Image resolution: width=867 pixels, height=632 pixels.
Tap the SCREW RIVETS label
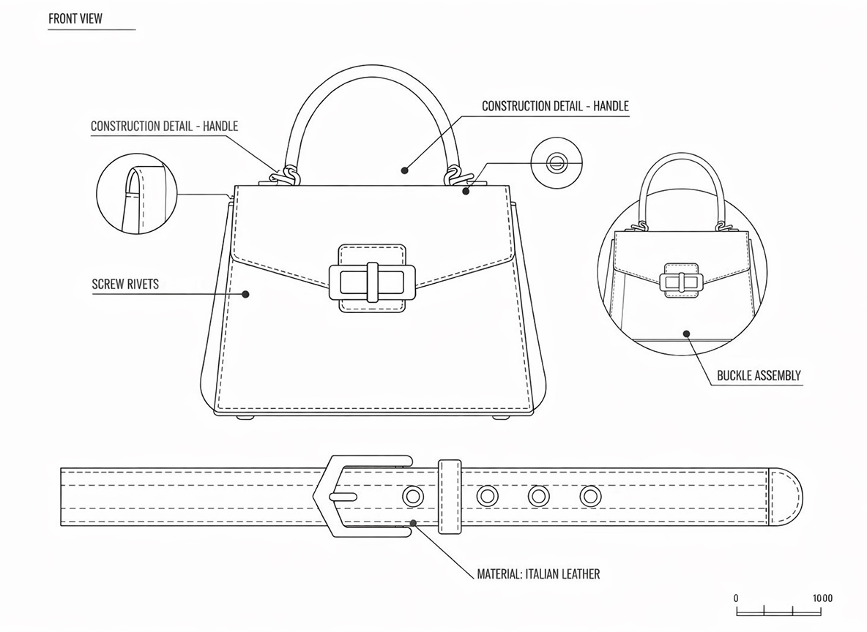(x=125, y=284)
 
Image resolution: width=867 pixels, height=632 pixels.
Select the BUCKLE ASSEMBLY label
(x=759, y=376)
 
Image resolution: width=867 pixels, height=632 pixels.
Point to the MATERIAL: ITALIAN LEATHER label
(x=538, y=574)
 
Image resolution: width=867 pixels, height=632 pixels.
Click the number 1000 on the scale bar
(x=822, y=598)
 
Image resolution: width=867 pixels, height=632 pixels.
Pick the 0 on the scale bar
(x=736, y=598)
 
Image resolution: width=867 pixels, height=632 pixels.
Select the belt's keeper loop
(x=450, y=497)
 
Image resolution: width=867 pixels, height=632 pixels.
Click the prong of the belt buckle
(x=343, y=496)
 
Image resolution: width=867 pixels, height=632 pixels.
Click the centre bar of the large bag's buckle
(x=372, y=282)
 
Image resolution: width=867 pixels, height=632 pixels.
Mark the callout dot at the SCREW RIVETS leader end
(x=246, y=294)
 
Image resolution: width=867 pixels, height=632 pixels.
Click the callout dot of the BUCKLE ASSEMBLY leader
(x=687, y=334)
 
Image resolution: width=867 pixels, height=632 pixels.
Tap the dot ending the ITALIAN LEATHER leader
(x=414, y=522)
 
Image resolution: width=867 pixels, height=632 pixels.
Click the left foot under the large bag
(x=242, y=418)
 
